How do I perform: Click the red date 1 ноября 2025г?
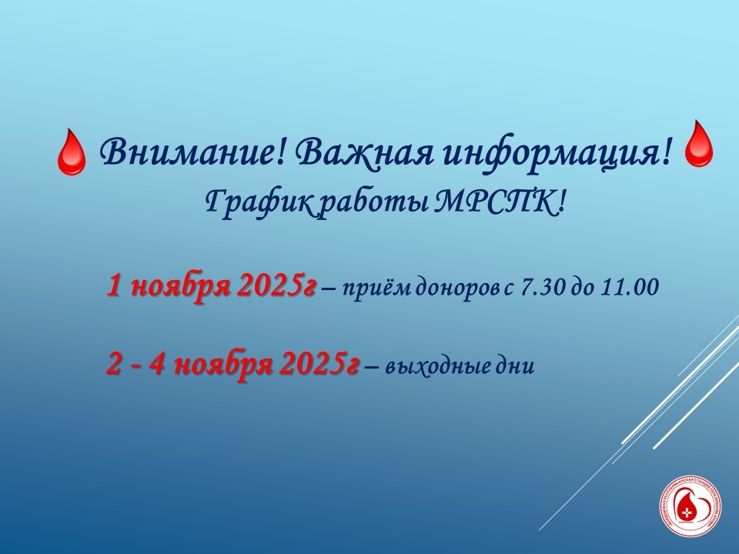(212, 286)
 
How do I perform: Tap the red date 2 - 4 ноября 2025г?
(233, 364)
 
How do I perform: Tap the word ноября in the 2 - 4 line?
(222, 364)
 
